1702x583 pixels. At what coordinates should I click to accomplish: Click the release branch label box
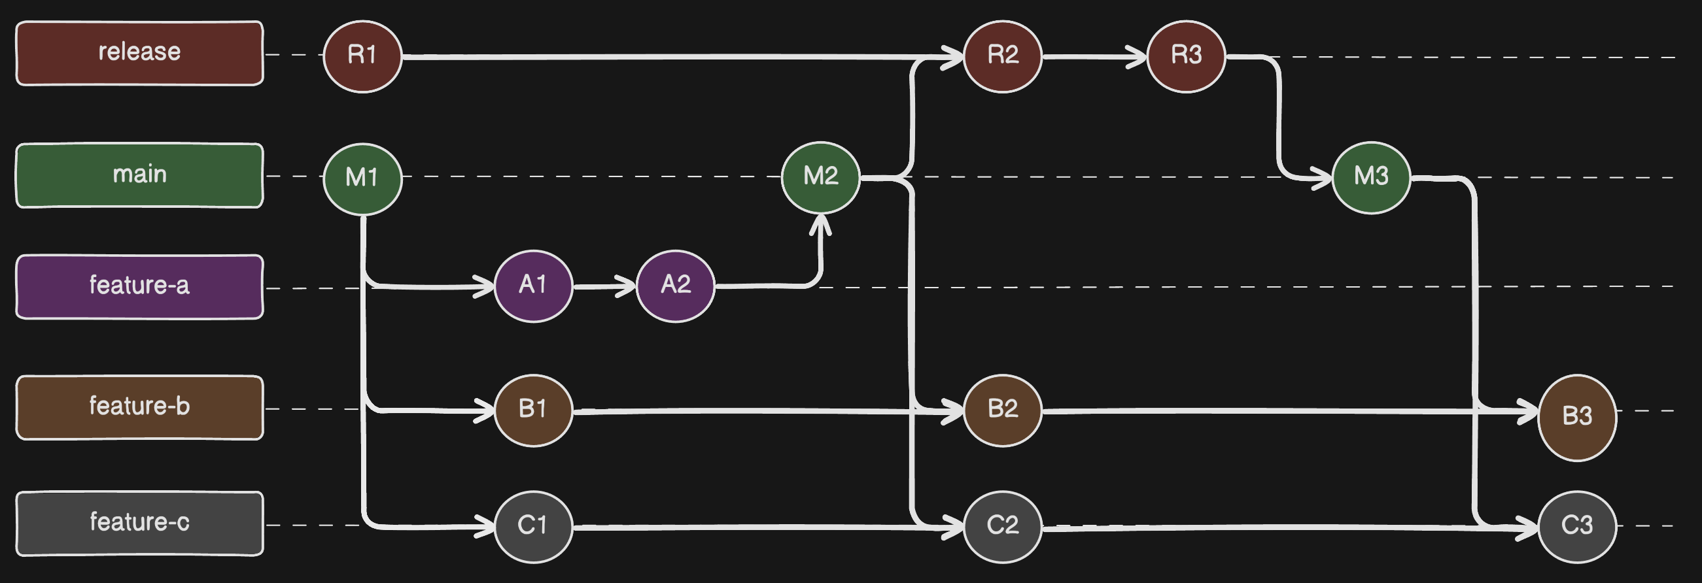[x=139, y=53]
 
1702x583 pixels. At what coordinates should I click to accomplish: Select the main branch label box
[x=139, y=175]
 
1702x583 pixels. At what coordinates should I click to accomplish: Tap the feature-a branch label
[x=139, y=286]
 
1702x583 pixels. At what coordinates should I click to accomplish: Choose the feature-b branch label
[x=139, y=407]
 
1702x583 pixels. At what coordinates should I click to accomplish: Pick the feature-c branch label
[x=139, y=523]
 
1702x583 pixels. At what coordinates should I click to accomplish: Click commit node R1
[x=362, y=56]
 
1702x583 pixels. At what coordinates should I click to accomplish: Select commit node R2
[x=1002, y=56]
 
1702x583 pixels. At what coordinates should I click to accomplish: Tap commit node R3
[x=1186, y=56]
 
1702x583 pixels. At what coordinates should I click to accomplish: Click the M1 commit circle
[x=362, y=178]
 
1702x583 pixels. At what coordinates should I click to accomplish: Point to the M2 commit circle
[x=821, y=177]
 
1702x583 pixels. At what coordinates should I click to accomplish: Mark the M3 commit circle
[x=1371, y=177]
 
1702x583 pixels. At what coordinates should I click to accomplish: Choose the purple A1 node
[x=533, y=285]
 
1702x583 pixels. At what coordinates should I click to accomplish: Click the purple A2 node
[x=675, y=285]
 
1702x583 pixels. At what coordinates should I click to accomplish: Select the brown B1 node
[x=533, y=410]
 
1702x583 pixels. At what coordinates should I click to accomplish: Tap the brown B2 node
[x=1002, y=410]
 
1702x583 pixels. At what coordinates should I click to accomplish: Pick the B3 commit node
[x=1576, y=416]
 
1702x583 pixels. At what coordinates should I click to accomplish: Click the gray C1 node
[x=533, y=526]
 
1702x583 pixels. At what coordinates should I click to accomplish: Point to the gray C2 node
[x=1002, y=526]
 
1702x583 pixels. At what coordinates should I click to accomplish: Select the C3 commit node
[x=1576, y=526]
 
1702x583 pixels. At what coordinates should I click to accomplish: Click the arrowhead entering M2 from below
[x=821, y=223]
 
